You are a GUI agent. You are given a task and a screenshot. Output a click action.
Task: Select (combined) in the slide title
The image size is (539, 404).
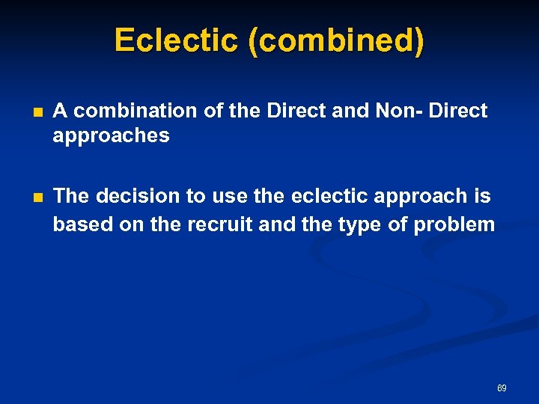[335, 40]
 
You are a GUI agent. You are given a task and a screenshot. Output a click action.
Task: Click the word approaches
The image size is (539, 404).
[111, 136]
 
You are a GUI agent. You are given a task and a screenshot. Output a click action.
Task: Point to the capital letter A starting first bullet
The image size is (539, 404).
[61, 111]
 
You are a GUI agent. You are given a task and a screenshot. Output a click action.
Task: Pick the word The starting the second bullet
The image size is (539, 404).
[71, 196]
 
